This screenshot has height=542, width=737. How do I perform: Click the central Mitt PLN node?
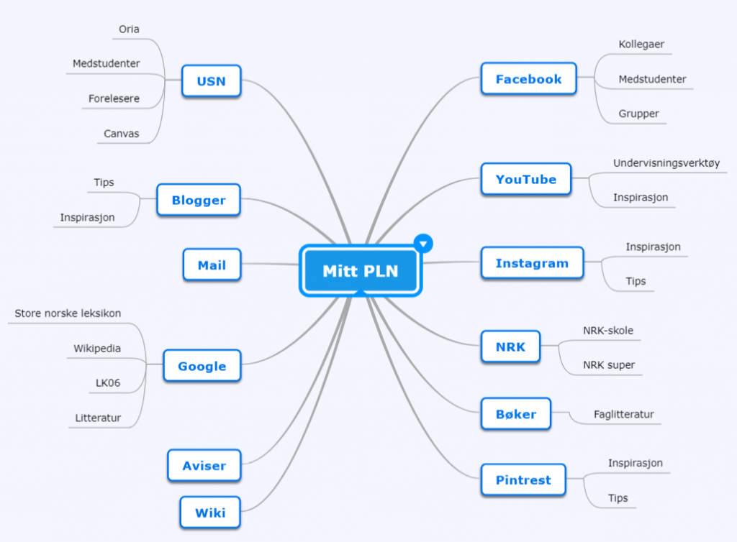[361, 271]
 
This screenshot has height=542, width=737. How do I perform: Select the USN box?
[212, 81]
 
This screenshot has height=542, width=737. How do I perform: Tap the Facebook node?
[529, 79]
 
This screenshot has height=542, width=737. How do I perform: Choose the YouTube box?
[526, 179]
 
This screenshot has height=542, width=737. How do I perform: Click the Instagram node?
[532, 263]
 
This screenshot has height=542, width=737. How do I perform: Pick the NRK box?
[510, 346]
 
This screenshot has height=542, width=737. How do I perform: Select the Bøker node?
[516, 414]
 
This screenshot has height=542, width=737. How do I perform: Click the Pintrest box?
[524, 480]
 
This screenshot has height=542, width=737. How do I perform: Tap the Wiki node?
[210, 513]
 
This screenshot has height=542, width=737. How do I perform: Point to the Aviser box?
[204, 466]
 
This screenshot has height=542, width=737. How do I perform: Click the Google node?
[202, 366]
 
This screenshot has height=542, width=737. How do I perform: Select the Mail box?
[212, 265]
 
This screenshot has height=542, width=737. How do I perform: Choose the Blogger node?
[199, 200]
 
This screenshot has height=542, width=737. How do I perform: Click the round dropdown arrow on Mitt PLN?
[423, 244]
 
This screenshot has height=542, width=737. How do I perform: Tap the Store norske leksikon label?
[68, 313]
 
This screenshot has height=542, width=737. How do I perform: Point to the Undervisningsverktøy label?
[666, 163]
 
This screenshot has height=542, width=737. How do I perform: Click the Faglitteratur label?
[624, 414]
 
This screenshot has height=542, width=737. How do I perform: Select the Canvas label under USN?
[121, 134]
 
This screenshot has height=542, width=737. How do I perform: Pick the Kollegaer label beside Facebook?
[641, 44]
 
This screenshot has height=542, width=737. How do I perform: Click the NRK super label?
[609, 364]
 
